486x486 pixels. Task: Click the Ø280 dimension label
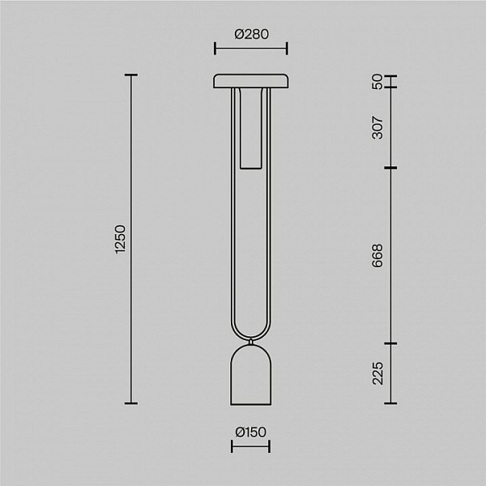tap(251, 34)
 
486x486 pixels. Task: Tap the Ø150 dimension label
tap(251, 432)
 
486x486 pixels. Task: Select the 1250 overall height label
tap(121, 239)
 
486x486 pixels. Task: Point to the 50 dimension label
tap(377, 82)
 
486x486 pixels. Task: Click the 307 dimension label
tap(377, 127)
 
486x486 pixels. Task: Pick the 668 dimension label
tap(377, 256)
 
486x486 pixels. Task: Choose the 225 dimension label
tap(377, 373)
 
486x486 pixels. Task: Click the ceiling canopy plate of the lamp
tap(251, 81)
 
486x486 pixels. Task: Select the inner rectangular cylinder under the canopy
tap(251, 128)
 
